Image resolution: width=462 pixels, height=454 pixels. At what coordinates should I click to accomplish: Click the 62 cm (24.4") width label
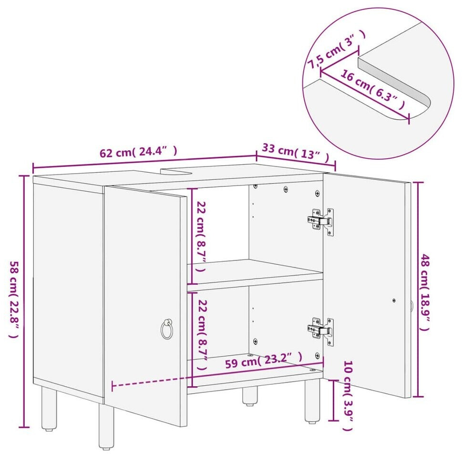(138, 152)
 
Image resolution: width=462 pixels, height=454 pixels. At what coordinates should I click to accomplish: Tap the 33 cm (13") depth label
(295, 152)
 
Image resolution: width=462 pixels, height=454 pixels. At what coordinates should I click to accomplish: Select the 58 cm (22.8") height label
(14, 299)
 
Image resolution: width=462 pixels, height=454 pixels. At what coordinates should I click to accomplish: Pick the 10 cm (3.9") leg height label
(348, 396)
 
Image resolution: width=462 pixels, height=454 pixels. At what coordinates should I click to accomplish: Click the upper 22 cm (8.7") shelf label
(201, 237)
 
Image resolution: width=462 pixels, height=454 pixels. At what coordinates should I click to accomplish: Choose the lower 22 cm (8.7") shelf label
(203, 335)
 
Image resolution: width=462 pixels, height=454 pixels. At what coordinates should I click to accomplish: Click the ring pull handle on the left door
(167, 329)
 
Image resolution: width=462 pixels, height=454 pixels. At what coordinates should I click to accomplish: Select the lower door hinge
(321, 331)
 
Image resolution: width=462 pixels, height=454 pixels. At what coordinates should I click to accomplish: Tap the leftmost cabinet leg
(49, 409)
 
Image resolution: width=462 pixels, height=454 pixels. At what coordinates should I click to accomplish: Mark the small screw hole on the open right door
(394, 301)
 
